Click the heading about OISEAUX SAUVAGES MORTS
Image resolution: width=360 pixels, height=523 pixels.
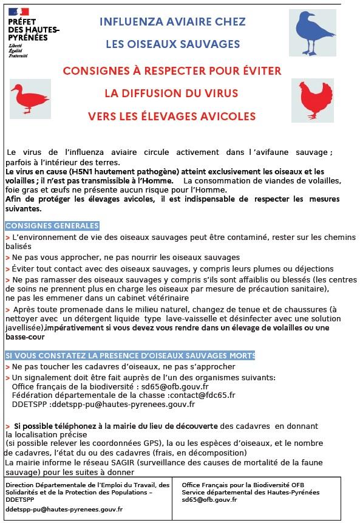point(130,355)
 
